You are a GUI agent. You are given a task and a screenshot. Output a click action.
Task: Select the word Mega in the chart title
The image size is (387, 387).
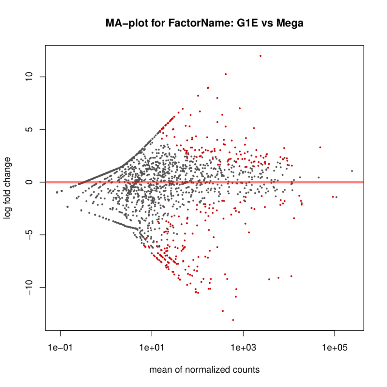click(290, 23)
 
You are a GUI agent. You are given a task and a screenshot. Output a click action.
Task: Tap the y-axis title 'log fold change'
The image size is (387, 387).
click(8, 187)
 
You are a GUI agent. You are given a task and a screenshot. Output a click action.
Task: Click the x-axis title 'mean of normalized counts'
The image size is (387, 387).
click(204, 370)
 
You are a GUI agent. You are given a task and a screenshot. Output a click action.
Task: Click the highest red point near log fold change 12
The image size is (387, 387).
click(260, 56)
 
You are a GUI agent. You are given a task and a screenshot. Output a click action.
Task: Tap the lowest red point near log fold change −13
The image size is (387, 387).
click(233, 320)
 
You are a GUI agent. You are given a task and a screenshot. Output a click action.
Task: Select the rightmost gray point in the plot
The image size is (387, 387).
click(352, 171)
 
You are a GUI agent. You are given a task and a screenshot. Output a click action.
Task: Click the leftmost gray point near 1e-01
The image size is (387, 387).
click(57, 192)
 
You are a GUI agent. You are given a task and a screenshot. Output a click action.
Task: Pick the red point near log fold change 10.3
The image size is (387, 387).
click(226, 74)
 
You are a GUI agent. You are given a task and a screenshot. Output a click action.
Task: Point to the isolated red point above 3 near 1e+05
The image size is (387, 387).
click(320, 147)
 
